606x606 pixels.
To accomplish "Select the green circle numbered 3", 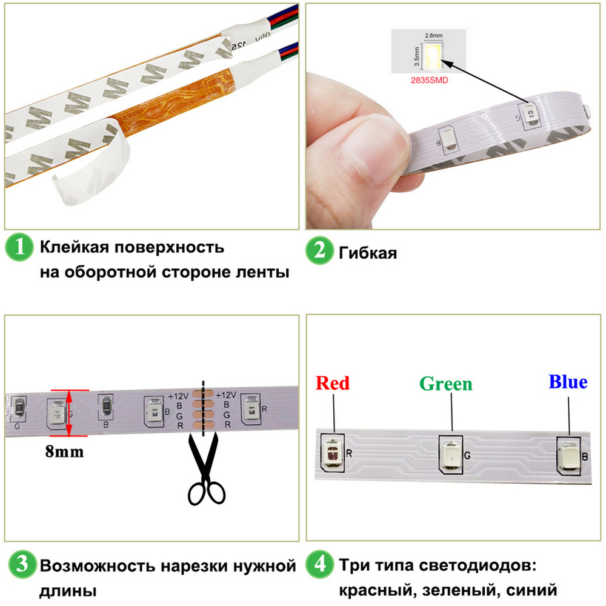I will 19,567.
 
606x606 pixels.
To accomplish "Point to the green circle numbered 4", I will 319,567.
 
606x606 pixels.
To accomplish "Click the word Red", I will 333,383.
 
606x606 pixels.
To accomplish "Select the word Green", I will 445,384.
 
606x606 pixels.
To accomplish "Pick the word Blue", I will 568,382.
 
